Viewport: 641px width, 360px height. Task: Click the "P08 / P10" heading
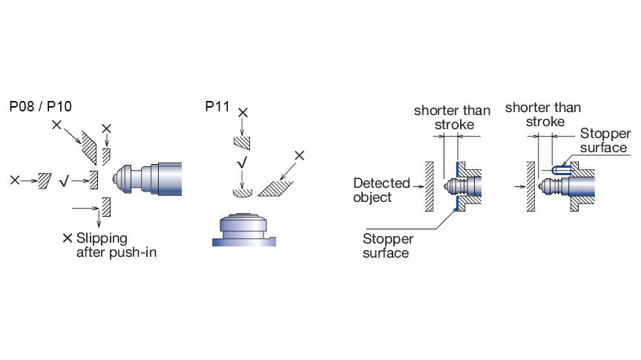(x=40, y=106)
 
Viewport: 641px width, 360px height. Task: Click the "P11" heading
(x=218, y=106)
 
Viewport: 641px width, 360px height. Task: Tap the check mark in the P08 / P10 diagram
(x=64, y=180)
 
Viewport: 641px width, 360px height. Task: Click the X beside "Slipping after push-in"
(x=68, y=238)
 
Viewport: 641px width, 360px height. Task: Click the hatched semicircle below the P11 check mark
(x=243, y=193)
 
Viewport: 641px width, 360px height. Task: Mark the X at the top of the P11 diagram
(x=242, y=112)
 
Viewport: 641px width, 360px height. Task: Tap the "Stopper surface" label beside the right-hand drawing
(x=604, y=140)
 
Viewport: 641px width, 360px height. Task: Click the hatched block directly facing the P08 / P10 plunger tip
(x=93, y=179)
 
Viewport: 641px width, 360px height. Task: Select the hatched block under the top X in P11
(x=242, y=141)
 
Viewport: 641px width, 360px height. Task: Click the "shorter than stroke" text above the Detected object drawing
(x=452, y=117)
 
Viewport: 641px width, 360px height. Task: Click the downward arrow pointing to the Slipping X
(x=98, y=220)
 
